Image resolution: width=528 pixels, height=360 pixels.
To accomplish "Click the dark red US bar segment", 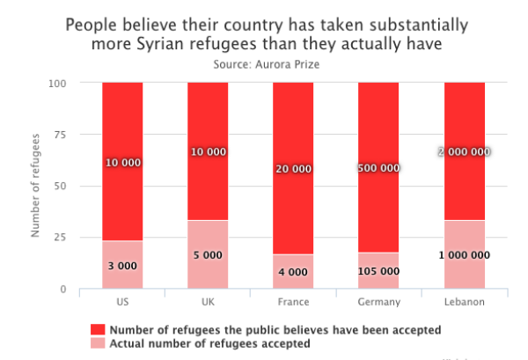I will pyautogui.click(x=122, y=123).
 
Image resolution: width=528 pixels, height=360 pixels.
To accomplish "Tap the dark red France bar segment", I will pyautogui.click(x=293, y=123).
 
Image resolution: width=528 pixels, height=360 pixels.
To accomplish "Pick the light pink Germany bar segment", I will pyautogui.click(x=379, y=264).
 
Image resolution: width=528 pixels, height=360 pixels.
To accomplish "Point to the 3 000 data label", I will pyautogui.click(x=122, y=266).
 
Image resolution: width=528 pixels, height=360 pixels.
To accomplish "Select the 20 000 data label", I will pyautogui.click(x=293, y=168).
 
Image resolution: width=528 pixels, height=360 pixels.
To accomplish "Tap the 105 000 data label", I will pyautogui.click(x=379, y=272).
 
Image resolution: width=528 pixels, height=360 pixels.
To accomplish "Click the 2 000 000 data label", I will pyautogui.click(x=465, y=151).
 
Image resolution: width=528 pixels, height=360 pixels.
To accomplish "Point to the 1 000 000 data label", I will pyautogui.click(x=465, y=255).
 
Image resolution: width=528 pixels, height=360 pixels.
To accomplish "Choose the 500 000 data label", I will pyautogui.click(x=379, y=168).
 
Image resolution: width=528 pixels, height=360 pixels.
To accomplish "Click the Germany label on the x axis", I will pyautogui.click(x=379, y=302).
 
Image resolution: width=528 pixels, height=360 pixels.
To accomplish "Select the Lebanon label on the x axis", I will pyautogui.click(x=465, y=302).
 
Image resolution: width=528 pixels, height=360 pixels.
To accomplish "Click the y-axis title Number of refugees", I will pyautogui.click(x=36, y=186).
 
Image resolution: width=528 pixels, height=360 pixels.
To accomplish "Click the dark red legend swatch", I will pyautogui.click(x=97, y=329).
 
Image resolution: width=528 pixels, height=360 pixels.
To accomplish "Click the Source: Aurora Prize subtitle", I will pyautogui.click(x=266, y=64).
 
